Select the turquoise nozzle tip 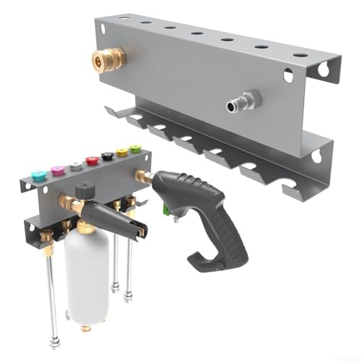tap(39, 174)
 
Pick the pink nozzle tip tap(57, 169)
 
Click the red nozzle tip tap(91, 160)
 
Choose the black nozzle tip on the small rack tap(107, 156)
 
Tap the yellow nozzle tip tap(122, 152)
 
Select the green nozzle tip tap(135, 148)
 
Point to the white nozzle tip tap(75, 165)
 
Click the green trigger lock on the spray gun tap(166, 211)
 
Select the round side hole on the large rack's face tap(288, 74)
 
